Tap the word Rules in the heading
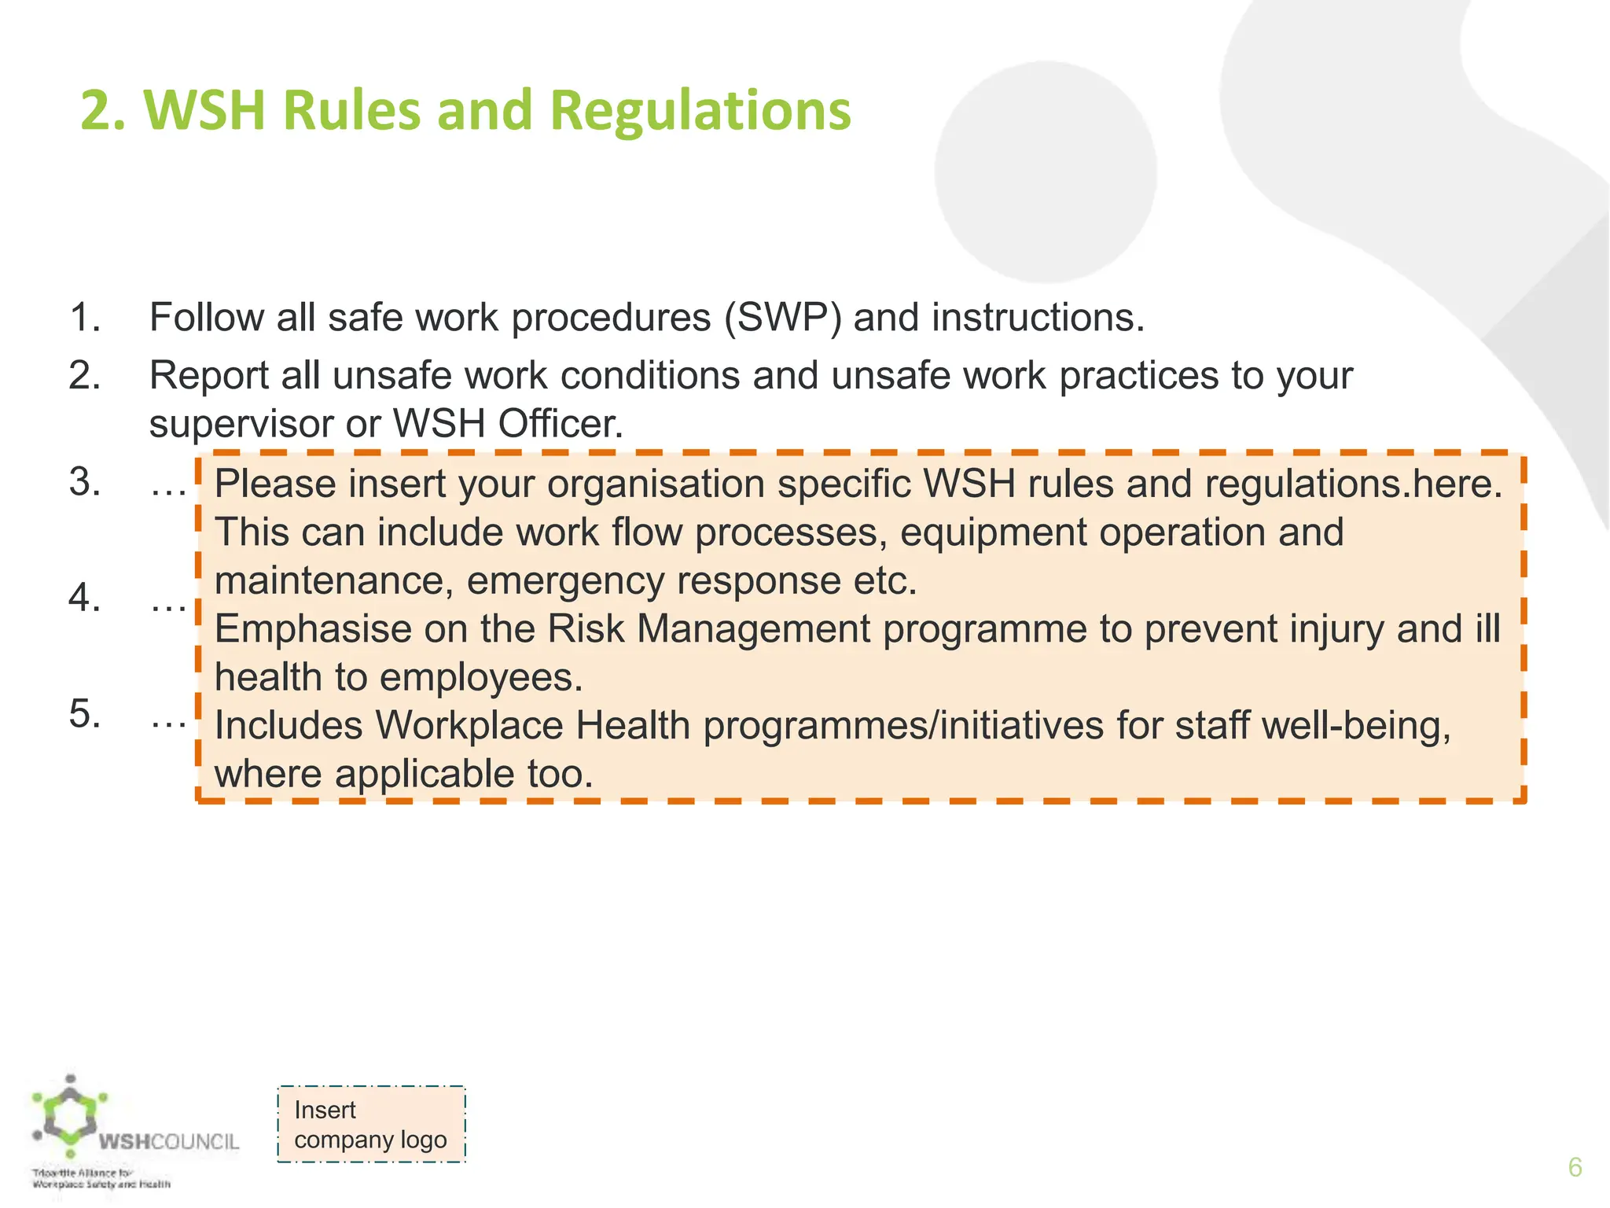tap(351, 110)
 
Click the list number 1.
tap(84, 318)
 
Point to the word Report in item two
tap(209, 375)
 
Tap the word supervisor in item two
tap(241, 425)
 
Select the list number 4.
tap(84, 598)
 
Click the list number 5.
tap(84, 714)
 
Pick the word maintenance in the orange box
tap(333, 581)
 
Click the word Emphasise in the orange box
tap(313, 629)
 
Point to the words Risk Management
tap(708, 629)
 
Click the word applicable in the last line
tap(425, 774)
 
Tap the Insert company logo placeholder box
tap(371, 1124)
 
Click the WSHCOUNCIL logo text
tap(168, 1142)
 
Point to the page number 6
tap(1575, 1167)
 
